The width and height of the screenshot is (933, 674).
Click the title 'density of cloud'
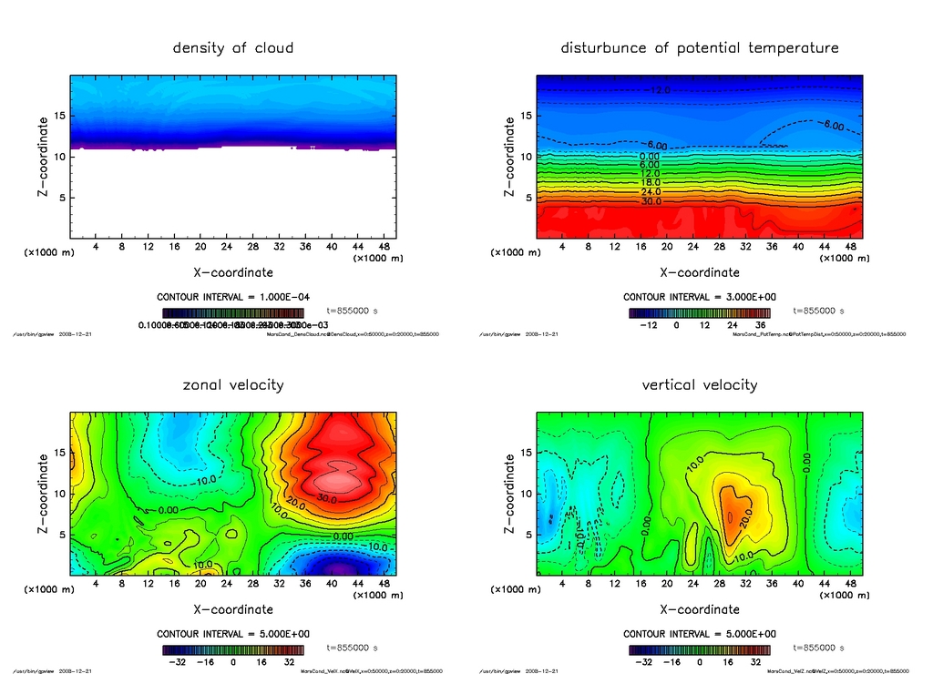(233, 47)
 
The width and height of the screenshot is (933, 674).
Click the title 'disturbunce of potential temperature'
(700, 47)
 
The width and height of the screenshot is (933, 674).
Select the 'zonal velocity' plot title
(233, 384)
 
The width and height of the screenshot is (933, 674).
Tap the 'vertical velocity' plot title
(700, 384)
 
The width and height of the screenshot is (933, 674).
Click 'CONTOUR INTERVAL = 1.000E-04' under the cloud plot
(233, 297)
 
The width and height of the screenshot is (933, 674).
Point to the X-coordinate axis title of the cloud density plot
(233, 271)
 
